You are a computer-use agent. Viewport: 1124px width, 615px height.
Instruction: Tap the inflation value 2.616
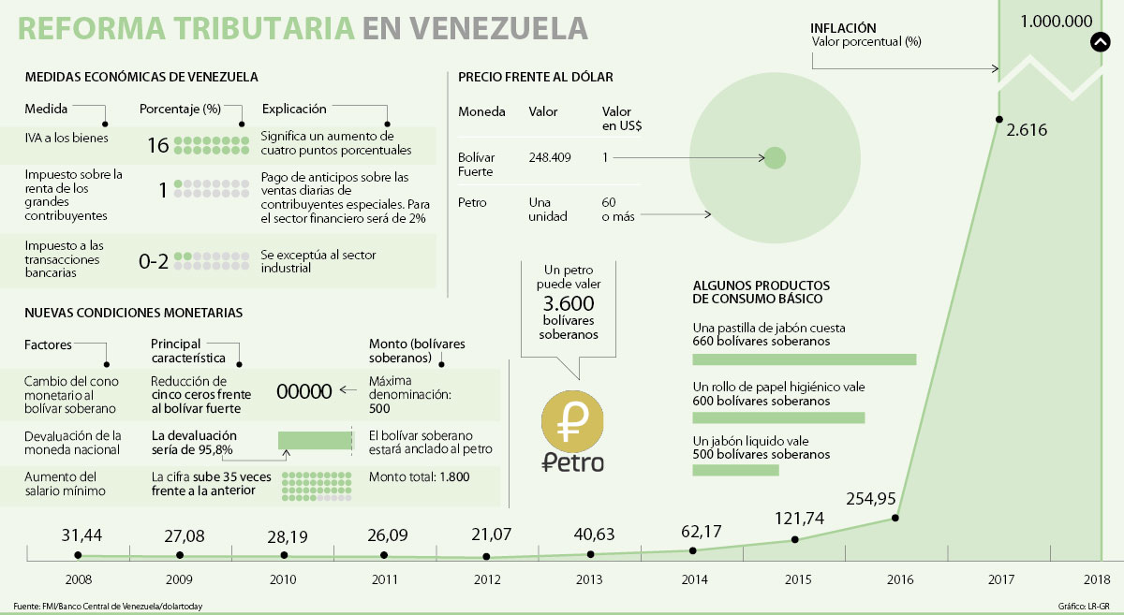click(x=1027, y=131)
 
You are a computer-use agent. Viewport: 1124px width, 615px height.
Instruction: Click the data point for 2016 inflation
click(x=896, y=518)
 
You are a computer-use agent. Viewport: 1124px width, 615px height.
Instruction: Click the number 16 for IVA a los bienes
click(x=157, y=144)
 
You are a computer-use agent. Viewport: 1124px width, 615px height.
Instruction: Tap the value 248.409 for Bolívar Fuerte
click(x=550, y=157)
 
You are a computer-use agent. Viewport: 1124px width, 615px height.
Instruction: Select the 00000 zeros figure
click(x=304, y=391)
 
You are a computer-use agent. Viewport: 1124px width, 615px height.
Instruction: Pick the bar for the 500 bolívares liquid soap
click(x=735, y=470)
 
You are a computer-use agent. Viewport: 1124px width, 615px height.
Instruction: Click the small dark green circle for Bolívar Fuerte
click(x=775, y=158)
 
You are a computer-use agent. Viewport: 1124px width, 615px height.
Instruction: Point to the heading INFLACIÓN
click(x=844, y=29)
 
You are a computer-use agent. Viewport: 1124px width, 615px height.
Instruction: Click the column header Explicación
click(x=294, y=108)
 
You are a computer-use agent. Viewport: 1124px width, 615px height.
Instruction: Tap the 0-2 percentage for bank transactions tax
click(x=154, y=261)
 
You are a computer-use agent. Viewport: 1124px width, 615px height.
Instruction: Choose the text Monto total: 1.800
click(x=420, y=476)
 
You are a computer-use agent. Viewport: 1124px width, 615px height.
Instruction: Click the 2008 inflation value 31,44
click(x=81, y=534)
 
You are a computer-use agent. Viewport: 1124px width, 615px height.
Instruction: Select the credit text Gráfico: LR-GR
click(x=1084, y=606)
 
